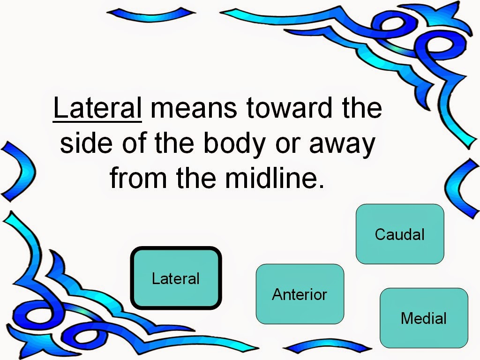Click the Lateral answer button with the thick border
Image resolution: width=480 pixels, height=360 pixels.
pyautogui.click(x=176, y=278)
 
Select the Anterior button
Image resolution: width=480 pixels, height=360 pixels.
pyautogui.click(x=300, y=294)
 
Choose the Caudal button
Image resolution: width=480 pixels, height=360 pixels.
pyautogui.click(x=399, y=234)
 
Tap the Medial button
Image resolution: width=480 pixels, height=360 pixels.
pyautogui.click(x=423, y=318)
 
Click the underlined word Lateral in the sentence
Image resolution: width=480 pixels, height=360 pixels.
pyautogui.click(x=97, y=109)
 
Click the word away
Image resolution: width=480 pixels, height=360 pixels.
pyautogui.click(x=342, y=144)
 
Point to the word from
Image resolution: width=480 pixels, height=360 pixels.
pyautogui.click(x=133, y=178)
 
